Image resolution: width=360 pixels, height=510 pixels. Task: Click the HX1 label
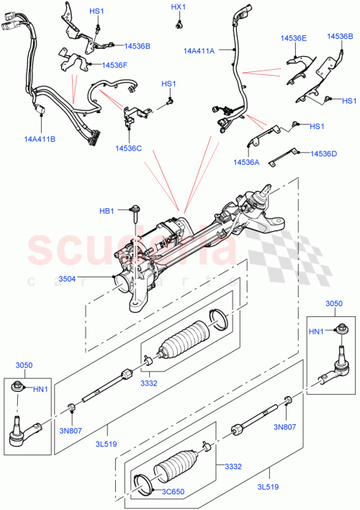179,7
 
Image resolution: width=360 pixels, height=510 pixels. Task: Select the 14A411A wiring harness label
199,51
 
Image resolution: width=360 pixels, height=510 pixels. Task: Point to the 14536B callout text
136,46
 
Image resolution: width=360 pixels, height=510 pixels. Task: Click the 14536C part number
127,148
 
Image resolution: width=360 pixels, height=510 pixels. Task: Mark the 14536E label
292,38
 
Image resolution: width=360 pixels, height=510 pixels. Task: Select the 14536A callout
247,162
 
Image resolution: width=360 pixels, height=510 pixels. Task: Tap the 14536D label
324,153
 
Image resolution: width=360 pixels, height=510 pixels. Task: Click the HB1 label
107,210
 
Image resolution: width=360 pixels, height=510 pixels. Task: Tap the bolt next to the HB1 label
135,210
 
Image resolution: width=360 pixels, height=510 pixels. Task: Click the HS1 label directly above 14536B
96,12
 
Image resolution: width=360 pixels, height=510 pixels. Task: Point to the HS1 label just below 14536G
349,101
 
